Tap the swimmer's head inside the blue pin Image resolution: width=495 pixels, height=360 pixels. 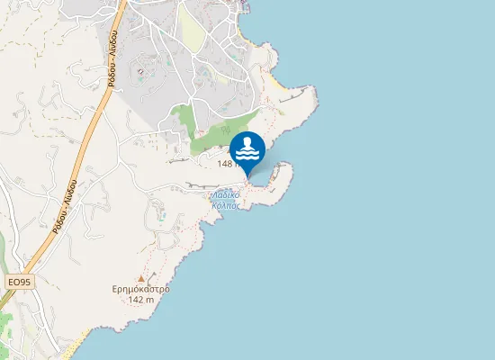pyautogui.click(x=247, y=142)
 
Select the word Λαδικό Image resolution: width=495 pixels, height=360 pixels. pyautogui.click(x=225, y=193)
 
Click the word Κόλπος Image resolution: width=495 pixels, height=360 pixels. pyautogui.click(x=225, y=205)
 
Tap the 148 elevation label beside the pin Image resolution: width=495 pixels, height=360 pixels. pyautogui.click(x=227, y=164)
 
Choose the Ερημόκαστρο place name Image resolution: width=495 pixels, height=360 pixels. pyautogui.click(x=141, y=289)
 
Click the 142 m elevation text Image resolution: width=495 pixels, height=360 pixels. pyautogui.click(x=142, y=300)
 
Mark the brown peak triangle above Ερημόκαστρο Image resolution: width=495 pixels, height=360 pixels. pyautogui.click(x=140, y=279)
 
